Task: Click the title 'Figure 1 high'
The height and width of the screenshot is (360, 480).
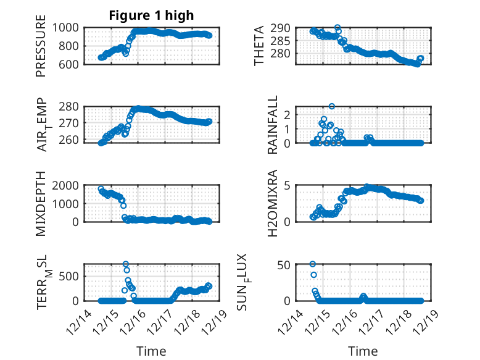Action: click(x=151, y=15)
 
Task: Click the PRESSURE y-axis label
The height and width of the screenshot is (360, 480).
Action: click(x=41, y=50)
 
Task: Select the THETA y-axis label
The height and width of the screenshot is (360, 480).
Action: click(x=259, y=46)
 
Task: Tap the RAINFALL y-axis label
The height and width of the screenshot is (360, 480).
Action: click(x=273, y=125)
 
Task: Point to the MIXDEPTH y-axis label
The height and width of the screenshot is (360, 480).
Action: click(x=41, y=204)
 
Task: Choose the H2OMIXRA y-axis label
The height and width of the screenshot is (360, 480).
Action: click(x=273, y=204)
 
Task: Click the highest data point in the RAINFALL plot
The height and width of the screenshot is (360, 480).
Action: click(x=332, y=106)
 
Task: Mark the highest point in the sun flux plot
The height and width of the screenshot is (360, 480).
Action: click(x=313, y=264)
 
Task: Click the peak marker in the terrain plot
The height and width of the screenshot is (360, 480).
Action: click(x=126, y=264)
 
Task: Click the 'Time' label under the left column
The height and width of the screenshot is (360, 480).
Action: click(x=151, y=351)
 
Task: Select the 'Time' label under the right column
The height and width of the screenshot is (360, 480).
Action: click(x=363, y=351)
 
